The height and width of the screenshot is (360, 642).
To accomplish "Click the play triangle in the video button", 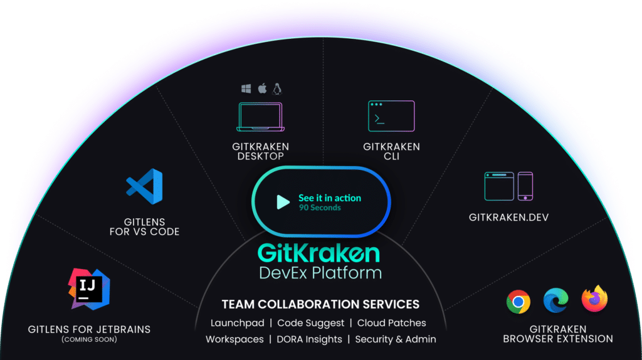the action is tap(283, 202).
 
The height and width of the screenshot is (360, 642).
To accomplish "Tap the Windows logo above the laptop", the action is tap(246, 88).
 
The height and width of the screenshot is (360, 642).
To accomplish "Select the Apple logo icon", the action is tap(263, 88).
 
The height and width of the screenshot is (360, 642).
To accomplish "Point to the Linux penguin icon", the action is tap(277, 88).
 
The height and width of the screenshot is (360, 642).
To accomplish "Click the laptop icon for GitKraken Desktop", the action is tap(260, 117).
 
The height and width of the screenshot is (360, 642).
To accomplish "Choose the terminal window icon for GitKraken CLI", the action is tap(391, 116).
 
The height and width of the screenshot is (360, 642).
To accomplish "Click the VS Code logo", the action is tap(145, 186).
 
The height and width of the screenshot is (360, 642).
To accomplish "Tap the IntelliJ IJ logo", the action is tap(89, 289).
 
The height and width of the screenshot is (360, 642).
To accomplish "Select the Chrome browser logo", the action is tap(518, 302).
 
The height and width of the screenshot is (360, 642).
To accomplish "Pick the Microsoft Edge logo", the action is tap(555, 300).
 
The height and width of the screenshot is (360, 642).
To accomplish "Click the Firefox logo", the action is tap(594, 299).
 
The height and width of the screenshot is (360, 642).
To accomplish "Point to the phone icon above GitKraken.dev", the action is tap(525, 186).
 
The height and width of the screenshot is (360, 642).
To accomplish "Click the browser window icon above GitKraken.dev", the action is tap(499, 186).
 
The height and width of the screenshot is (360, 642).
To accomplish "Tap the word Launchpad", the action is tap(238, 323).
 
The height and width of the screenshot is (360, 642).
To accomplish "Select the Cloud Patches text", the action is tap(391, 323).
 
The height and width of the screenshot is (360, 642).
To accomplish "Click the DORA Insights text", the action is tap(309, 339).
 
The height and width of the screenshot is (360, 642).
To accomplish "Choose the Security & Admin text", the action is tap(396, 339).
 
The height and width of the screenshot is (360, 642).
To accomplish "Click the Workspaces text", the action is tap(234, 339).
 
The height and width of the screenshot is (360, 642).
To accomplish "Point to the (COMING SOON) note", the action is tap(89, 339).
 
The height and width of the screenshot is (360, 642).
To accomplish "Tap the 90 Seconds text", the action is tap(320, 208).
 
